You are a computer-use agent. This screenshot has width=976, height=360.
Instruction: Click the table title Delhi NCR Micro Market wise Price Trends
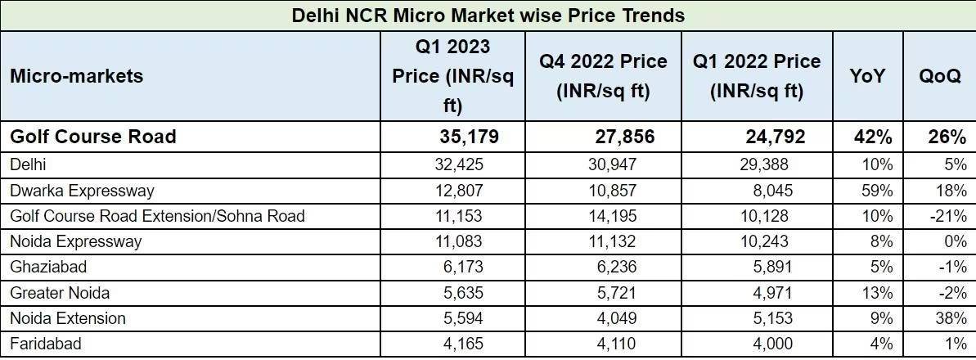point(488,15)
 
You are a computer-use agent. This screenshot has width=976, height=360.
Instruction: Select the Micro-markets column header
point(76,76)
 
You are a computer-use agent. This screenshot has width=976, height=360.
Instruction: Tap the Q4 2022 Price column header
point(603,76)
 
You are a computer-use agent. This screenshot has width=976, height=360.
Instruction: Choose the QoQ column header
point(939,76)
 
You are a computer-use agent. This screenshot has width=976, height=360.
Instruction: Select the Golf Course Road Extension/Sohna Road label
point(157,216)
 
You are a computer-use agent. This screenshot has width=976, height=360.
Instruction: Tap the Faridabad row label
point(46,344)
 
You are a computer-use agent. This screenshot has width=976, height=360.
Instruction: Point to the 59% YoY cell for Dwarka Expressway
point(877,191)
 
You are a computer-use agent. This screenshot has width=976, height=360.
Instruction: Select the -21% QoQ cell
point(949,216)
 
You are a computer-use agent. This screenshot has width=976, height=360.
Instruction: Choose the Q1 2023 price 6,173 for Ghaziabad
point(462,268)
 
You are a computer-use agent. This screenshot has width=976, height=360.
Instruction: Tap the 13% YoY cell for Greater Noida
point(877,293)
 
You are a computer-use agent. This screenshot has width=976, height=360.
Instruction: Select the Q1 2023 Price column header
point(452,76)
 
